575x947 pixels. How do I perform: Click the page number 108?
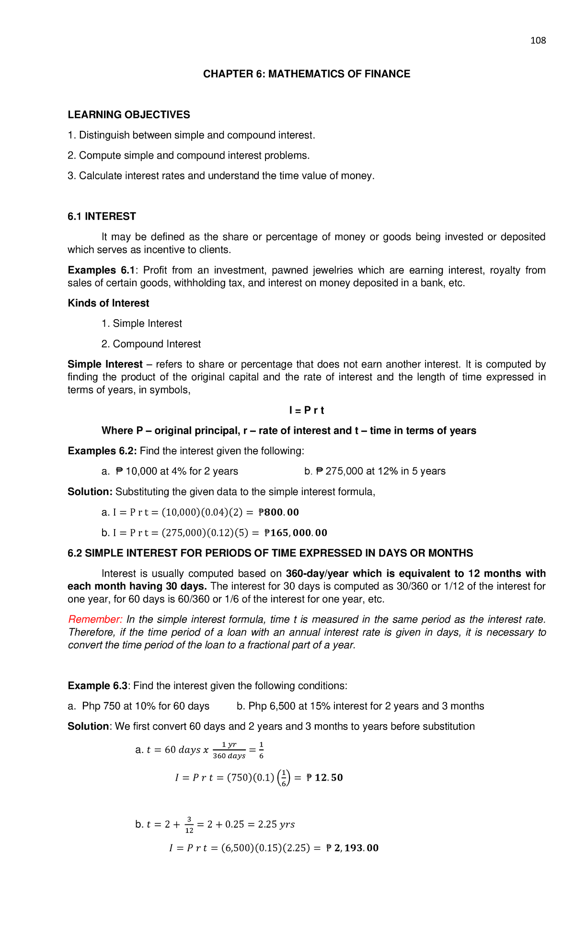tap(538, 41)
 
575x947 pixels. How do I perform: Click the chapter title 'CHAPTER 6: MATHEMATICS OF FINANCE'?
tap(307, 74)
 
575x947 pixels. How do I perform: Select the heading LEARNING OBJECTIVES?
tap(129, 115)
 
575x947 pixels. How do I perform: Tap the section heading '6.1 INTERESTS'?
tap(102, 216)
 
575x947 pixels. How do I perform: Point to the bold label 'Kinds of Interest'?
tap(108, 303)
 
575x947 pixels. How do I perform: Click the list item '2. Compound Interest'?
tap(151, 344)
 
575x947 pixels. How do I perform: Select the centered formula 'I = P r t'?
tap(307, 410)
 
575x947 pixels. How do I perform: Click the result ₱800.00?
tap(278, 512)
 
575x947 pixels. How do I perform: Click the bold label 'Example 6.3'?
tap(98, 686)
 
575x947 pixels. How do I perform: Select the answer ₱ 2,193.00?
tap(352, 848)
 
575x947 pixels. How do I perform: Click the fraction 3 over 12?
tap(189, 824)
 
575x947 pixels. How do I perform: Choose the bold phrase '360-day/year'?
tap(317, 574)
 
